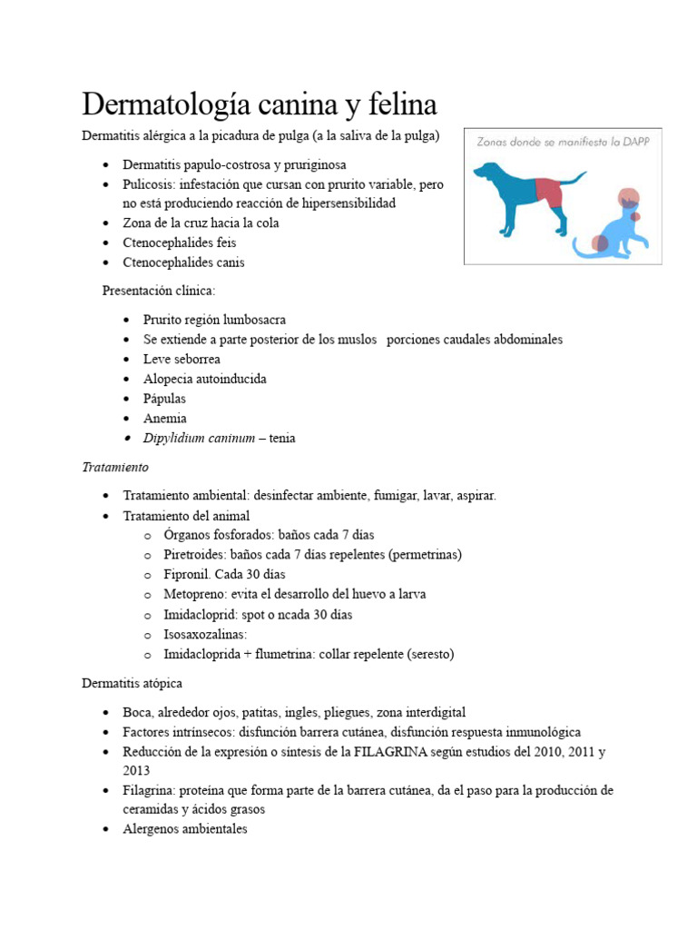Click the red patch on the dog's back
tap(549, 192)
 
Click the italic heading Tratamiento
tap(114, 468)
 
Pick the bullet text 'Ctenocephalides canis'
tap(183, 262)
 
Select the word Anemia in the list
tap(165, 419)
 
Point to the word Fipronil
tap(188, 574)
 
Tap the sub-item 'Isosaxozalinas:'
tap(205, 634)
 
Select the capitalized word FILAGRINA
tap(404, 752)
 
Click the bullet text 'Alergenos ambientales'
tap(185, 829)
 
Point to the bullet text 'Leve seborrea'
tap(182, 359)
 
